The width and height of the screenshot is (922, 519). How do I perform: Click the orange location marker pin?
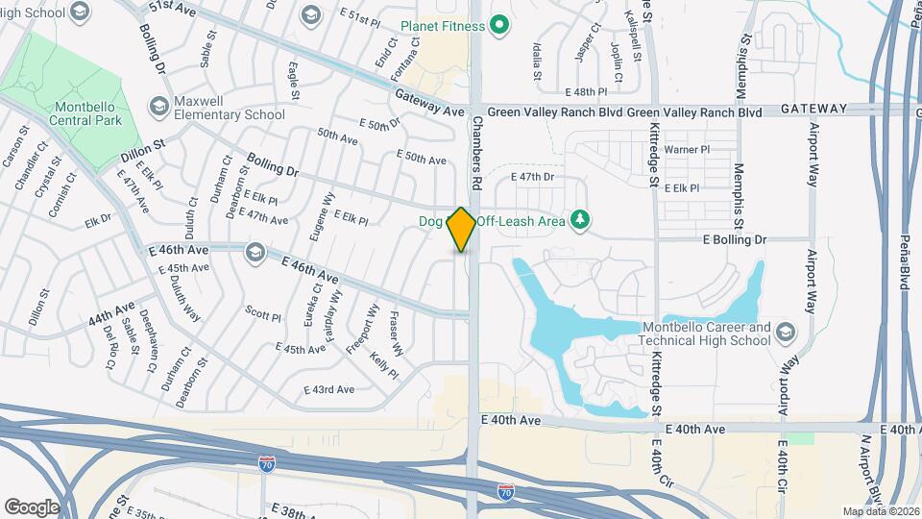pos(462,230)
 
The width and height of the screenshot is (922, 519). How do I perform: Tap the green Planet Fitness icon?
pos(498,25)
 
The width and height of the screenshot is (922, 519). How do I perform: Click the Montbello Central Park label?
pos(75,113)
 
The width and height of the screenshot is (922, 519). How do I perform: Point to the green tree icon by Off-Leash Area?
pos(579,220)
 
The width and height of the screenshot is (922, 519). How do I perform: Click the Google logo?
pos(32,507)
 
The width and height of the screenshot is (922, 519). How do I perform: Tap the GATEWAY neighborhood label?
pos(813,109)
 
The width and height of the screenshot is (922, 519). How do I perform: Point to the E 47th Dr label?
pos(533,177)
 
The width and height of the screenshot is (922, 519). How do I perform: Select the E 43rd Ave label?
pos(328,389)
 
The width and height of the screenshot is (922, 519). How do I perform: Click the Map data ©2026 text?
pos(880,511)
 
